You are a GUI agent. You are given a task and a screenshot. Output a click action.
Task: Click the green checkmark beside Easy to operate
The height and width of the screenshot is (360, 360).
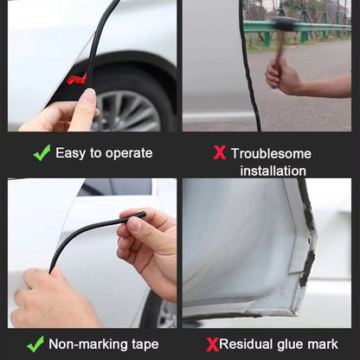click(x=42, y=152)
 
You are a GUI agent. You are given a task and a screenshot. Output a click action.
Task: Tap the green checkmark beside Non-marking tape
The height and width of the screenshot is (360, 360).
click(x=35, y=344)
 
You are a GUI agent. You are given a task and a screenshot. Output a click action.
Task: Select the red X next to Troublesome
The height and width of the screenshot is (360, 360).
click(x=220, y=152)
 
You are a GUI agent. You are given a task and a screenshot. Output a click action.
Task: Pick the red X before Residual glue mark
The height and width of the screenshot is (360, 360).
click(x=213, y=344)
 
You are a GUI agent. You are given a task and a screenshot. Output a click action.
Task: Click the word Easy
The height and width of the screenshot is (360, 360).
click(x=70, y=153)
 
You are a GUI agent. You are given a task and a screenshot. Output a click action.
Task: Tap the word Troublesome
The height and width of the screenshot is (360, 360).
click(x=271, y=153)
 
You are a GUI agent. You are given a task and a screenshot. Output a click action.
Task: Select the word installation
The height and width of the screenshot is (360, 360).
click(x=273, y=170)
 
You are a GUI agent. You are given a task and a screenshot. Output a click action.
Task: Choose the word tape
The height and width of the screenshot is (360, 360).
click(x=145, y=344)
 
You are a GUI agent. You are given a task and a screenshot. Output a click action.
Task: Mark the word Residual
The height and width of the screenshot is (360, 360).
click(x=246, y=344)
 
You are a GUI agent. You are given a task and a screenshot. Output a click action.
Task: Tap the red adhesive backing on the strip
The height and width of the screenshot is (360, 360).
click(x=77, y=79)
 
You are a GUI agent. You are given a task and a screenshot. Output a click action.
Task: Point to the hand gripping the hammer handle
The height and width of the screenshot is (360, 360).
click(x=282, y=76)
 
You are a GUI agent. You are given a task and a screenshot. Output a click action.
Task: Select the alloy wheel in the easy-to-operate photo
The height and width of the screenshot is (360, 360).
click(x=127, y=111)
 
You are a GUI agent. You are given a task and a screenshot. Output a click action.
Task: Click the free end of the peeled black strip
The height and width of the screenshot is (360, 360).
click(x=144, y=215)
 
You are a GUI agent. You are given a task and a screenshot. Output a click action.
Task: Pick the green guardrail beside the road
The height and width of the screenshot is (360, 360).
click(x=297, y=29)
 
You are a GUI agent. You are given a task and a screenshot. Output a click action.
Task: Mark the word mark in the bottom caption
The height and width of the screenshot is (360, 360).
click(x=323, y=344)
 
